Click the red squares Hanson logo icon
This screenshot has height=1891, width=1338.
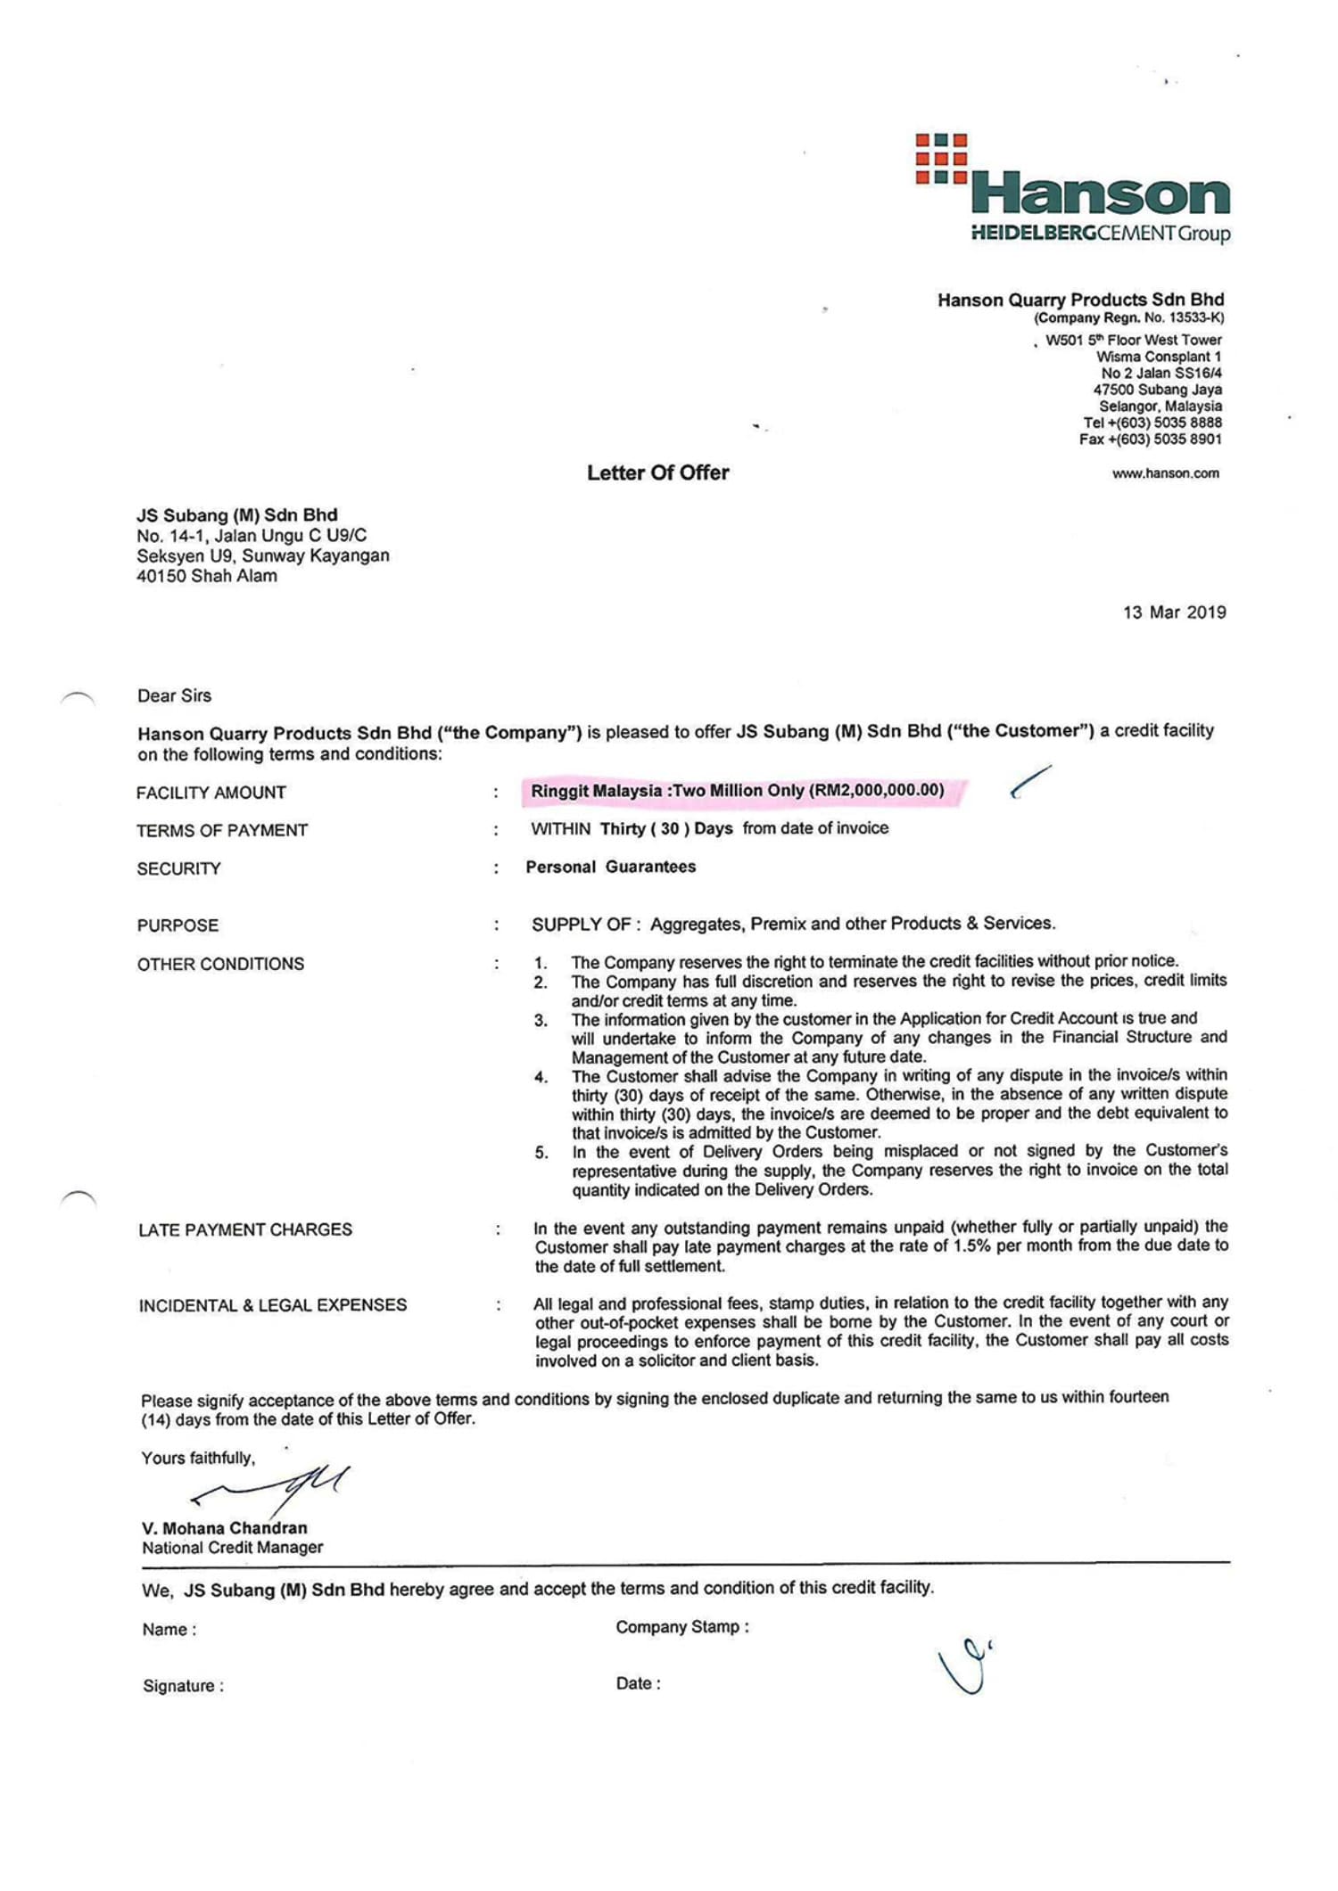(941, 159)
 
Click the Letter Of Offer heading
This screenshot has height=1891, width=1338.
(657, 473)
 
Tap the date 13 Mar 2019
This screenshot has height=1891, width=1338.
(1174, 613)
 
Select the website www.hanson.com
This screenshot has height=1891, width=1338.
(1165, 473)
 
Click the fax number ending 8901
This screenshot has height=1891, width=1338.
(1151, 440)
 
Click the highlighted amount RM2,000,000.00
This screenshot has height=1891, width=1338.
(877, 791)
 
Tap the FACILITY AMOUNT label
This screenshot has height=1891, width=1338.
(211, 793)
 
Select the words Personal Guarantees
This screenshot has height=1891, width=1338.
(611, 867)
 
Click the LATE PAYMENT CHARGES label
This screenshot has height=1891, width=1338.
(245, 1229)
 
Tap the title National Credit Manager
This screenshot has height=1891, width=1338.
(232, 1548)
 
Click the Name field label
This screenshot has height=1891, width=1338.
(169, 1630)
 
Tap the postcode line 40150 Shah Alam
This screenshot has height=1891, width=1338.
(207, 576)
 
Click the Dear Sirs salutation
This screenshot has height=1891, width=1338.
(174, 695)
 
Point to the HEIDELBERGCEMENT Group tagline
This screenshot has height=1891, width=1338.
(1100, 234)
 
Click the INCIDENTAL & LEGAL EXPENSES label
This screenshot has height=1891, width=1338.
(272, 1305)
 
